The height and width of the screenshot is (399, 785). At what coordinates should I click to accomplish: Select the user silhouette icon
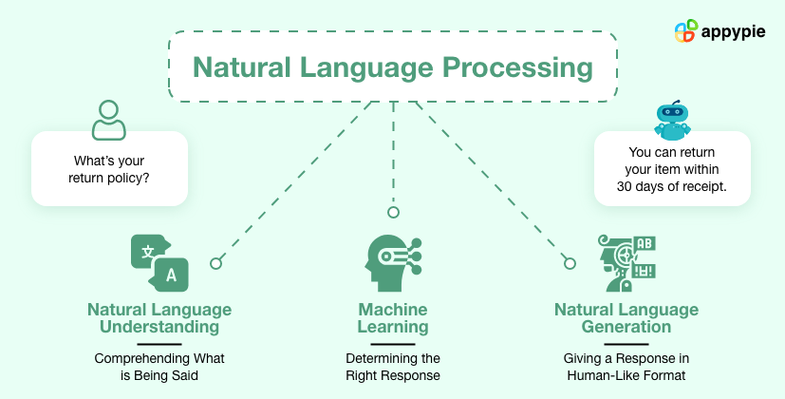coord(108,120)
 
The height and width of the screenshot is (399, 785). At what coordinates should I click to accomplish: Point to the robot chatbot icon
coord(672,120)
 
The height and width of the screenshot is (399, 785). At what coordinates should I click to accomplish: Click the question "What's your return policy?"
coord(108,168)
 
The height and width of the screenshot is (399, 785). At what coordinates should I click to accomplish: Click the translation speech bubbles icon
coord(159,261)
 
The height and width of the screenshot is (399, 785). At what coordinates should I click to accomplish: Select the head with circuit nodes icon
coord(392,262)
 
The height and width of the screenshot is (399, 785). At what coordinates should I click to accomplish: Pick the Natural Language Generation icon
coord(626,262)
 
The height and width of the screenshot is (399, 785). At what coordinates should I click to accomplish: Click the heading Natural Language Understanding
coord(159,318)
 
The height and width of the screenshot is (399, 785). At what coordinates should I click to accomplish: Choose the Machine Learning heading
coord(393,318)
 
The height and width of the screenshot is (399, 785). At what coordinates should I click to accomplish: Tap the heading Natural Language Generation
coord(626,318)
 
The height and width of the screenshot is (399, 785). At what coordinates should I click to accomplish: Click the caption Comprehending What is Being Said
coord(159,367)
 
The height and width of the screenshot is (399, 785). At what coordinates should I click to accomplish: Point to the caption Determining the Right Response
coord(393,367)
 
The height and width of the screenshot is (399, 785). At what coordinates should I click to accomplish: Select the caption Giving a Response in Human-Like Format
coord(626,367)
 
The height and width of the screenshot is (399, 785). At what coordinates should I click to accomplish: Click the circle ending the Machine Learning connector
coord(393,212)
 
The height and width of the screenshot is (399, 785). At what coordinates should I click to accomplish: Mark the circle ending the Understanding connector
coord(216,263)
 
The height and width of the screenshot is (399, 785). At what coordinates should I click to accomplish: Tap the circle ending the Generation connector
coord(570,263)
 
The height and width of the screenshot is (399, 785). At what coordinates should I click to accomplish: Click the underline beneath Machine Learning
coord(393,342)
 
